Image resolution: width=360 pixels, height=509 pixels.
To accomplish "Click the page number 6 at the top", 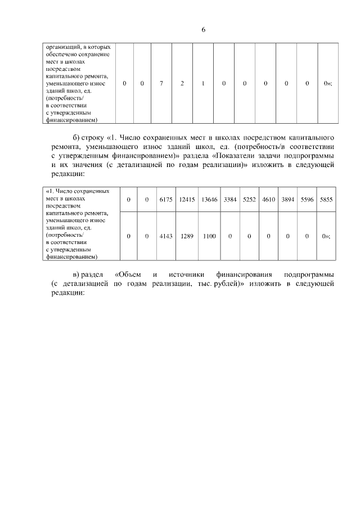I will pos(203,30).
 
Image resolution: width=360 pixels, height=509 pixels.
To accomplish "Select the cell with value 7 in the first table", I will pos(161,83).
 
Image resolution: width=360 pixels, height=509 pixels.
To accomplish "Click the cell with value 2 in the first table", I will pos(182,83).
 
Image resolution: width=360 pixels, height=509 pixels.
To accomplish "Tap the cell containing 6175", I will pos(165,199).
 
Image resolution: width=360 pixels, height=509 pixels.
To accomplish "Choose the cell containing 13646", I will pos(209,199).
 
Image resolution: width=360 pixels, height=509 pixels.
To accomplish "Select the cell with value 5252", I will pos(249,199).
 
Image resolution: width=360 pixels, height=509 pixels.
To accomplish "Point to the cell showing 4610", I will pos(268,199).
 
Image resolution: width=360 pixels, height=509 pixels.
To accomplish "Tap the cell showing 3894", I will pos(287,199).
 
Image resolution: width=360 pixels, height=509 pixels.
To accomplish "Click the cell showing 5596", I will pos(307,199).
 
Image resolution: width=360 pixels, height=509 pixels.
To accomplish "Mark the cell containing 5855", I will pos(326,199).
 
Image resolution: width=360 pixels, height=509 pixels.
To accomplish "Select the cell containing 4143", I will pos(165,236).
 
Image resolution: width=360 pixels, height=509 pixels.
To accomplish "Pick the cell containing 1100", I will pos(209,236).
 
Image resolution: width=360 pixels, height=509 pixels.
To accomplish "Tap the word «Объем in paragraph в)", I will pos(127,274).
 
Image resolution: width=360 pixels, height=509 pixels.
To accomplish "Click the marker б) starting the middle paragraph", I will pos(77,137).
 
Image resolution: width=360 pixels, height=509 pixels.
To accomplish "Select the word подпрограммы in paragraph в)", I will pos(309,274).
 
